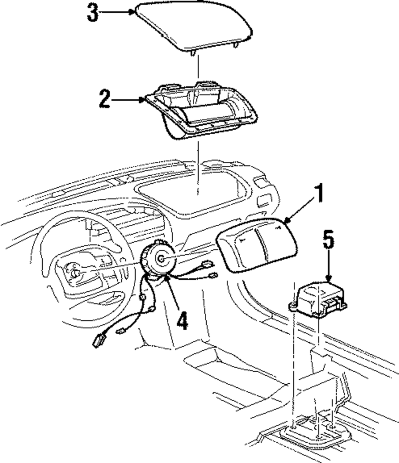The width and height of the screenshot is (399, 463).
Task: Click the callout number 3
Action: click(93, 13)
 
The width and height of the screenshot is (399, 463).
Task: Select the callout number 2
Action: click(105, 99)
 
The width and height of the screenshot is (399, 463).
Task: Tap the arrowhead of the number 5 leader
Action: click(328, 280)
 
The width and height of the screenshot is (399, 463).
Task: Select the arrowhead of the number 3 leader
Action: click(134, 12)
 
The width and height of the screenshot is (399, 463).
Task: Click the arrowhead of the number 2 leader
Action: click(144, 100)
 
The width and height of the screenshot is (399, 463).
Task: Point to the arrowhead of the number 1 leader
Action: click(286, 220)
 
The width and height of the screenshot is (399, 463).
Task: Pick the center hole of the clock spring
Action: click(161, 259)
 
